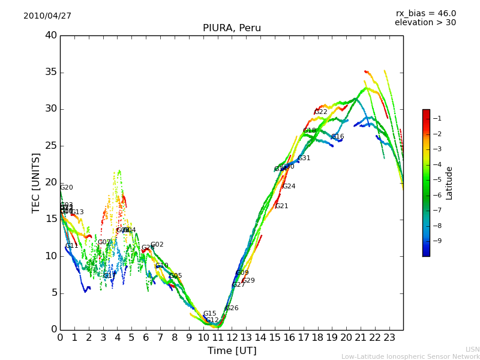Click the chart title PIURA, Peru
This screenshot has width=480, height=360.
click(232, 28)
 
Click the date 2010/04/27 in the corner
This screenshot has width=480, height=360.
click(47, 16)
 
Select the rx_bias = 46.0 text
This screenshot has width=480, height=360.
click(425, 14)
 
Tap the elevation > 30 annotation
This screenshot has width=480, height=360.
click(425, 23)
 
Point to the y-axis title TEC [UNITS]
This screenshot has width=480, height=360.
click(36, 182)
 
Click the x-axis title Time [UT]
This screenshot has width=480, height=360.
click(232, 351)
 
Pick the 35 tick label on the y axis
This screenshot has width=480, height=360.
click(52, 73)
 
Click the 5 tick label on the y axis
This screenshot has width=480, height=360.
click(54, 293)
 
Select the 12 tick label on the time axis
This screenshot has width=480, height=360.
click(232, 337)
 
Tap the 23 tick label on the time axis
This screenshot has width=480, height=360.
click(389, 337)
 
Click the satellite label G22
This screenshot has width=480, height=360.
click(321, 112)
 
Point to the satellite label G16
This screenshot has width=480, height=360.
click(337, 137)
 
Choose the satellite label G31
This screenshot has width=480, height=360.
click(304, 158)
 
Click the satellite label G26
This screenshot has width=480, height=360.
click(232, 308)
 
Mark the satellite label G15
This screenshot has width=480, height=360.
click(209, 314)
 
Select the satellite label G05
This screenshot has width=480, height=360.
click(176, 276)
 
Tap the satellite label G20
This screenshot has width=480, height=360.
click(67, 188)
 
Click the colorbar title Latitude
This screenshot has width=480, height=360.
click(449, 183)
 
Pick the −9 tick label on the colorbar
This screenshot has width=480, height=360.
click(437, 241)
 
